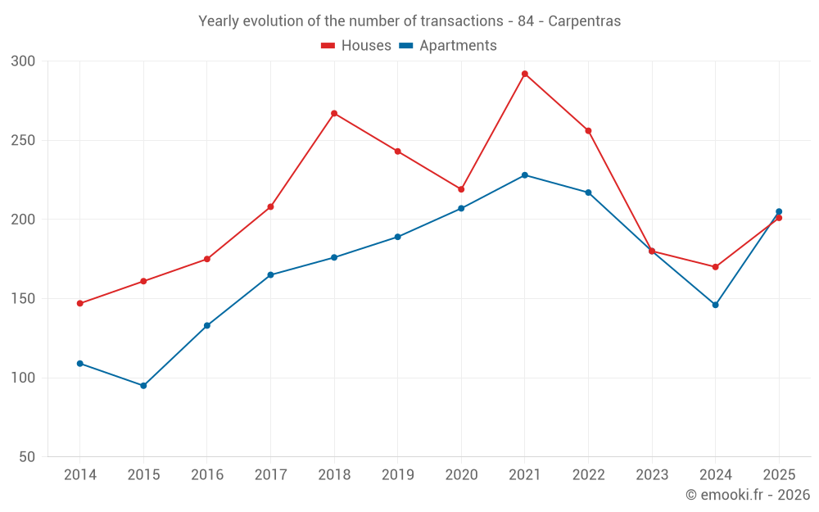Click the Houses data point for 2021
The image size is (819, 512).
coord(525,75)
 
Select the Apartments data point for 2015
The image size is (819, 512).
coord(143,386)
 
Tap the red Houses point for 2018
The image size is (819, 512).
coord(334,113)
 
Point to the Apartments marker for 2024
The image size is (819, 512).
coord(716,305)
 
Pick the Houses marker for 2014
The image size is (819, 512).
coord(80,303)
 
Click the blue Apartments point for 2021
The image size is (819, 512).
coord(525,175)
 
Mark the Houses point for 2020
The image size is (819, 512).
coord(461,189)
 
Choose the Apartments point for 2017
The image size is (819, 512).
coord(270,274)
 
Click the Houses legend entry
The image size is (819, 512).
coord(356,45)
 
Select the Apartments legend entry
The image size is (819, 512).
coord(448,45)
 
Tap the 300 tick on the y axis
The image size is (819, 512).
coord(23,61)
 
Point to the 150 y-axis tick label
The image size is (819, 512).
coord(23,298)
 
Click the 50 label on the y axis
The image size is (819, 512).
coord(27,456)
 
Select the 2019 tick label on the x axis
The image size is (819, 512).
coord(397,474)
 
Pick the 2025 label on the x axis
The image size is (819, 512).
coord(780,474)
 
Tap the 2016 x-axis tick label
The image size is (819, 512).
coord(207,474)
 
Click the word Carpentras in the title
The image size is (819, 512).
coord(585,21)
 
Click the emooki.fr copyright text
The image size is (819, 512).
coord(748,494)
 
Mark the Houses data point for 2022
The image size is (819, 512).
coord(589,130)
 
